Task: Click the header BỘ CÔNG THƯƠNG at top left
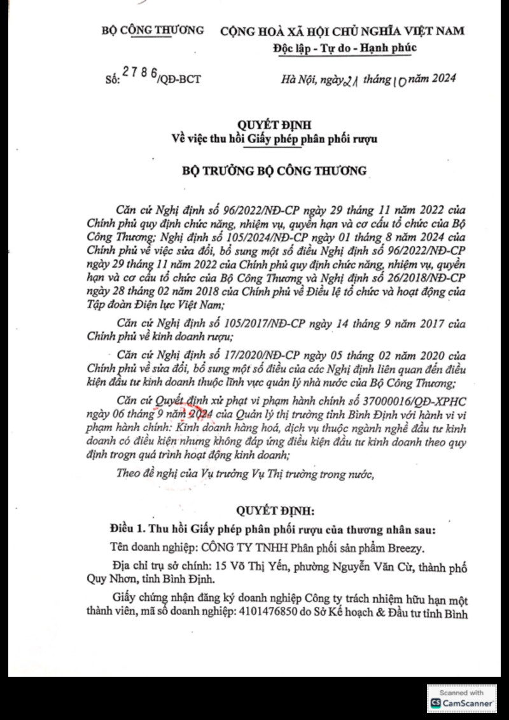(x=153, y=29)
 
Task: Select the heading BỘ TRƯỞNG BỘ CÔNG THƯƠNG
(x=266, y=170)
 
